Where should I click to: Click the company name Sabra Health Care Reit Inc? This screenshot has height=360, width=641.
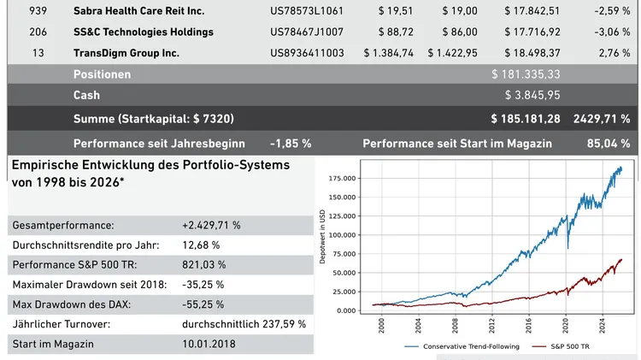[x=138, y=11]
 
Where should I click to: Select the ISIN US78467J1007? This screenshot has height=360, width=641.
[x=307, y=32]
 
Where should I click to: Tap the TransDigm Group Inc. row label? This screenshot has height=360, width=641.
[x=126, y=53]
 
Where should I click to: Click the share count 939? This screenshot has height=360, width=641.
[x=38, y=11]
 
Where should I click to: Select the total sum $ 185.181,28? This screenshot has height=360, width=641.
[x=526, y=118]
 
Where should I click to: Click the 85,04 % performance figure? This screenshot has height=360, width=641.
[x=609, y=143]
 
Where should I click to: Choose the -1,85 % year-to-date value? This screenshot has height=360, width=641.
[x=291, y=143]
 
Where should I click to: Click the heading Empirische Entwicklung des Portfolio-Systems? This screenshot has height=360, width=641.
[x=150, y=164]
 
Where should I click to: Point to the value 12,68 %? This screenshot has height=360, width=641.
[x=201, y=245]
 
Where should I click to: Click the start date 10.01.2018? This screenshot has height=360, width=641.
[x=209, y=344]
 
